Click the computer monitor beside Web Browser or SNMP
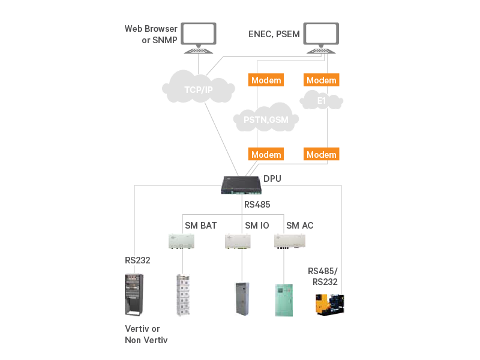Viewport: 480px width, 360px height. click(x=199, y=36)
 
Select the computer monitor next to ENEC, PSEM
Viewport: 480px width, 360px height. click(x=321, y=36)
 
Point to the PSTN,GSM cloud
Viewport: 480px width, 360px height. click(x=266, y=119)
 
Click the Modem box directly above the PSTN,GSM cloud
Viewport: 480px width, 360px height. click(x=266, y=80)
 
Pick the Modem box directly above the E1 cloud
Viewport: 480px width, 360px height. click(x=321, y=80)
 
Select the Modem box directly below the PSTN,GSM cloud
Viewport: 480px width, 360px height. click(x=266, y=154)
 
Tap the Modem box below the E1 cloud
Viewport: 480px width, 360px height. click(x=321, y=154)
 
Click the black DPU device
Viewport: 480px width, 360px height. click(x=241, y=185)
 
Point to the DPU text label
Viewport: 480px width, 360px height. click(x=272, y=178)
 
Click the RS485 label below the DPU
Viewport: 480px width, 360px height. click(x=257, y=205)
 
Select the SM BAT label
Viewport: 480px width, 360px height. click(x=200, y=226)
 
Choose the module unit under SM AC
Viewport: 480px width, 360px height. click(x=290, y=241)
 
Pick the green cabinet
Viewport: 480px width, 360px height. click(x=286, y=299)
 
